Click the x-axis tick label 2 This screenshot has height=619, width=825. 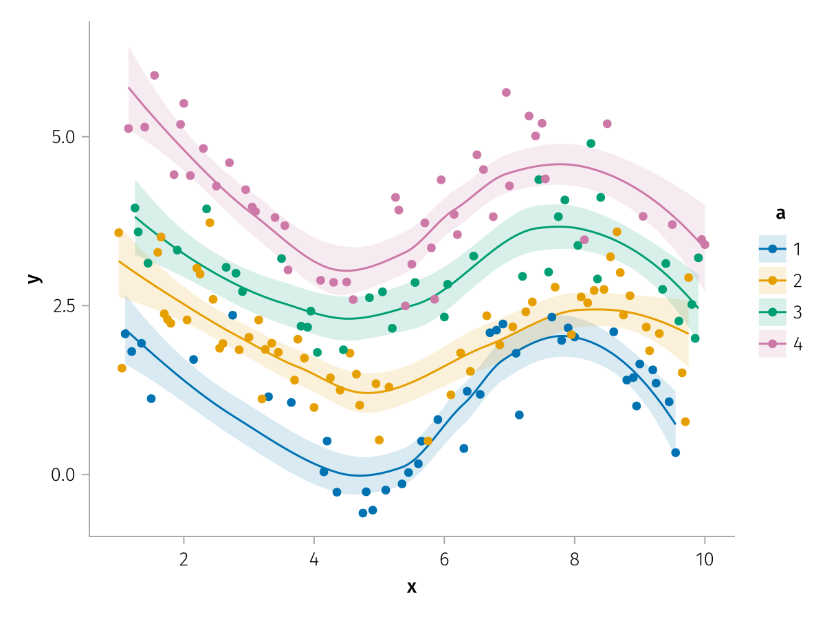184,559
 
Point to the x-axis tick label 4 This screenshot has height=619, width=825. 314,559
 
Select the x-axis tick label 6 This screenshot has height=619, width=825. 444,559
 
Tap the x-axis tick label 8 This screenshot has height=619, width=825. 575,559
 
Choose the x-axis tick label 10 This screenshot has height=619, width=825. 704,559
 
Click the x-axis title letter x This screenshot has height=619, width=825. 412,587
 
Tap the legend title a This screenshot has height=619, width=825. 780,214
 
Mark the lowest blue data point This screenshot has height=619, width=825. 363,513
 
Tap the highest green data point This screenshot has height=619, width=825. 591,144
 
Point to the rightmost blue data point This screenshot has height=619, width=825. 676,453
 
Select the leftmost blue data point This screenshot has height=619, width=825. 125,334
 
